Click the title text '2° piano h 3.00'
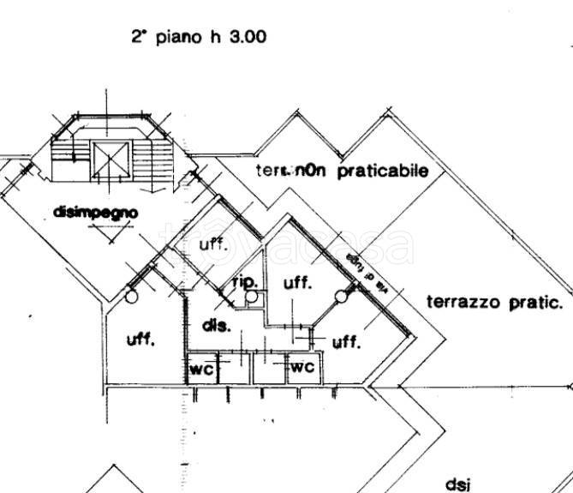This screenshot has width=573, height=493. [199, 37]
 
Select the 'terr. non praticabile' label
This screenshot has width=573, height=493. [341, 171]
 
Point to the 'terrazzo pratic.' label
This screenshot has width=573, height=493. [494, 302]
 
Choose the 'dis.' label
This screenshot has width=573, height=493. [215, 326]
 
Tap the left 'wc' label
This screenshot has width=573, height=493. [201, 370]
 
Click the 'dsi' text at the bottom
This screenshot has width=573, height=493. [458, 483]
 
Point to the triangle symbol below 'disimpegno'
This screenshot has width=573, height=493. [112, 231]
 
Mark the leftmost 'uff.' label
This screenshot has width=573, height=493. [140, 340]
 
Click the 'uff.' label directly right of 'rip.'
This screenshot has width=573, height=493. [297, 282]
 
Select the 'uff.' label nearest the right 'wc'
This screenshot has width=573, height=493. [345, 342]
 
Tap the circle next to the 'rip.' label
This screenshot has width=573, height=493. [251, 297]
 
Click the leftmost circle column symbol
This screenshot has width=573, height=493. [130, 297]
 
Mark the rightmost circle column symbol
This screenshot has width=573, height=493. [341, 298]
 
